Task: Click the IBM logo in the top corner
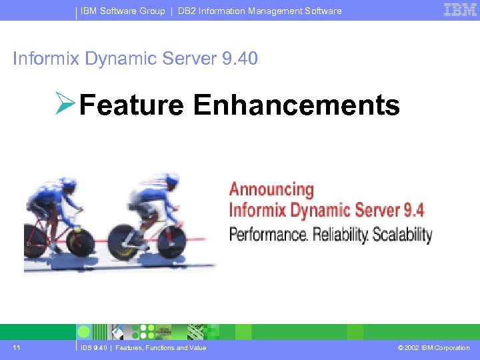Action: click(x=460, y=9)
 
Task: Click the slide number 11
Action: click(x=17, y=347)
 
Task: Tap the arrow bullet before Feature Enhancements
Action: click(x=66, y=105)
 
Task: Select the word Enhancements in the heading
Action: click(x=297, y=105)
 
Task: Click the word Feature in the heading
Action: click(x=131, y=105)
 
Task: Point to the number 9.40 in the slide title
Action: click(x=239, y=59)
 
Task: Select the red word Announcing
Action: click(x=271, y=189)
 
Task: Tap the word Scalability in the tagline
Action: click(x=402, y=235)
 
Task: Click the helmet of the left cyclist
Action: click(x=69, y=182)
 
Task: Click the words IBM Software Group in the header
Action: click(x=123, y=11)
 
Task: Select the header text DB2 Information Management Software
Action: click(x=259, y=11)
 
